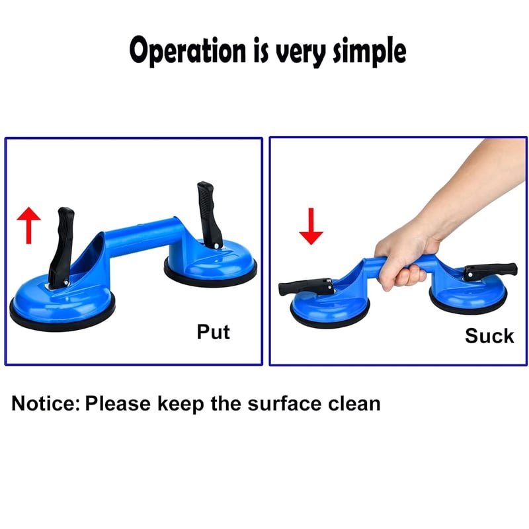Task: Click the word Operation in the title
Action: [x=188, y=51]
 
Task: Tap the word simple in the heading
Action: [x=370, y=51]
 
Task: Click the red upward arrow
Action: [x=29, y=225]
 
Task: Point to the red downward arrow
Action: [x=311, y=226]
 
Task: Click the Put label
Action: [x=213, y=332]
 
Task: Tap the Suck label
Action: [x=489, y=336]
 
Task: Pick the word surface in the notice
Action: [x=284, y=403]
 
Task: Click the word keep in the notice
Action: [x=181, y=405]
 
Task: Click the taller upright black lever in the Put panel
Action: [x=209, y=214]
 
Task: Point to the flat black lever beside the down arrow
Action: [x=306, y=287]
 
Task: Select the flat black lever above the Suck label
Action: [x=490, y=271]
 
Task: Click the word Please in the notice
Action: [x=118, y=403]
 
